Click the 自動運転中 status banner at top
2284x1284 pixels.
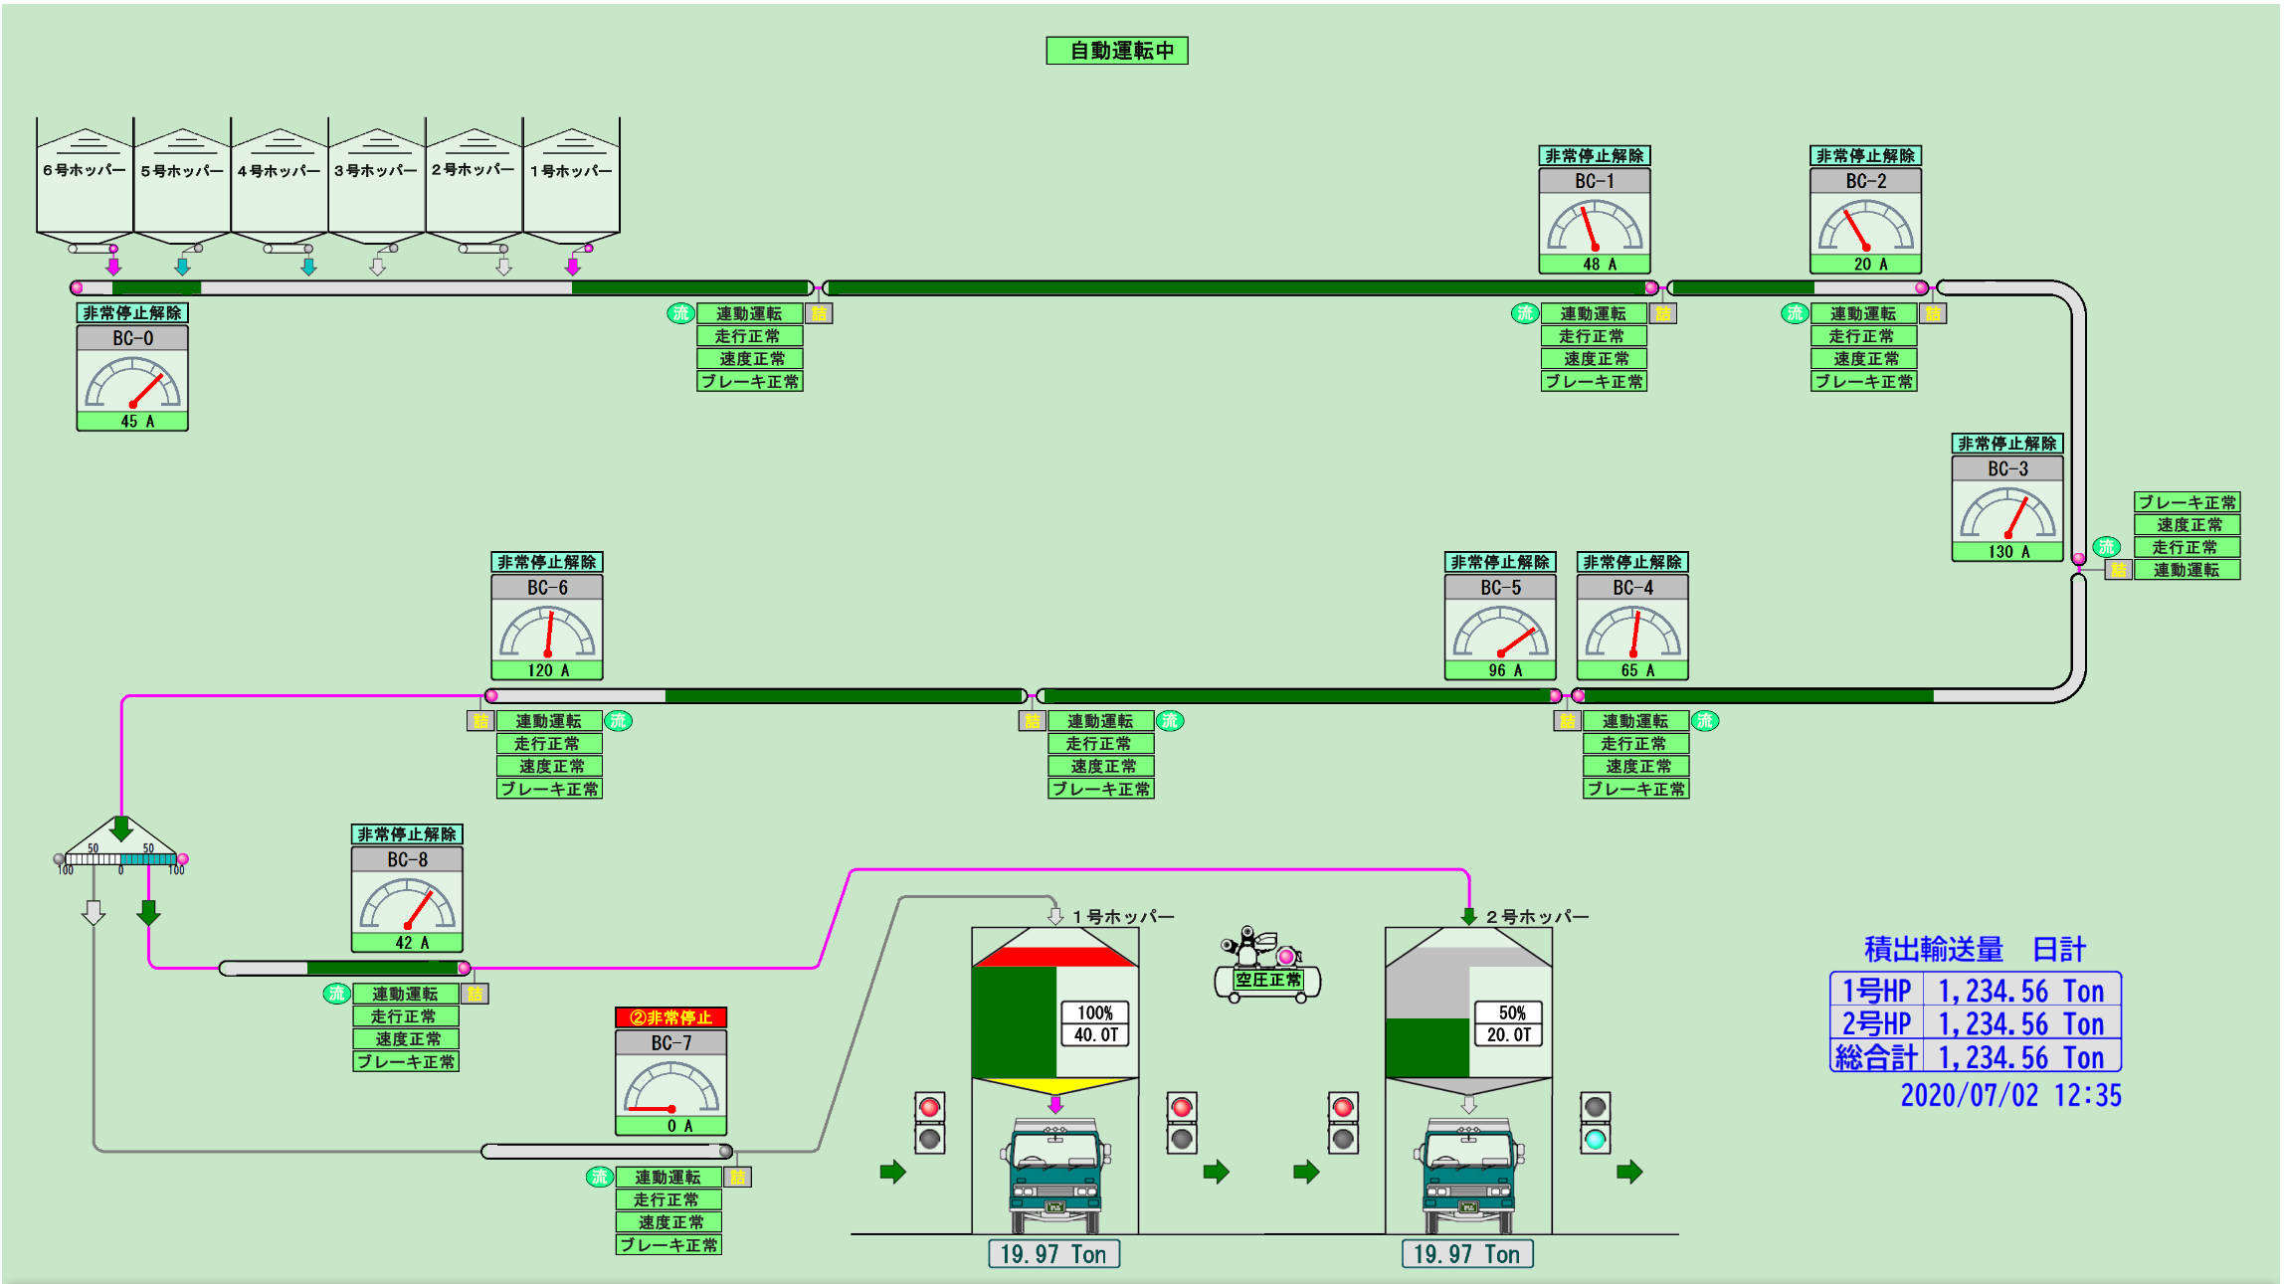coord(1116,51)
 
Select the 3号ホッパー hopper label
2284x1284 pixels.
coord(375,171)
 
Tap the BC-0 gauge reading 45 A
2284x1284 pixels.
coord(132,421)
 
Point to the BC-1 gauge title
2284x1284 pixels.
coord(1594,181)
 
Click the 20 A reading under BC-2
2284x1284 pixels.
coord(1865,265)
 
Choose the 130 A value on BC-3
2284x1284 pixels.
coord(2007,552)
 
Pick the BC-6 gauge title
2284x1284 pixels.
coord(547,588)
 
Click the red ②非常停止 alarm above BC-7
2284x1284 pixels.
coord(671,1017)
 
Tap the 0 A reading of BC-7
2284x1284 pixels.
coord(671,1126)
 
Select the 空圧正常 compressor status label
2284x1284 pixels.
coord(1267,980)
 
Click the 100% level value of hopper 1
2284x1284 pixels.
coord(1094,1012)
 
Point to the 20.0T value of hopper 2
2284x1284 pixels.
coord(1508,1035)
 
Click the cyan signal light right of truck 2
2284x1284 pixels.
coord(1595,1139)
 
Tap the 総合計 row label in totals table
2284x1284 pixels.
coord(1876,1057)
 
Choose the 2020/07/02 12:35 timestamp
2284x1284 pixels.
coord(2010,1096)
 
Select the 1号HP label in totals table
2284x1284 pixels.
coord(1876,991)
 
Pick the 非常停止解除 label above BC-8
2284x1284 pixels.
coord(407,834)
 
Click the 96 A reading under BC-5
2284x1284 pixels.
coord(1500,671)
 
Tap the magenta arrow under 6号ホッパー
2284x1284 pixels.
coord(113,267)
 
